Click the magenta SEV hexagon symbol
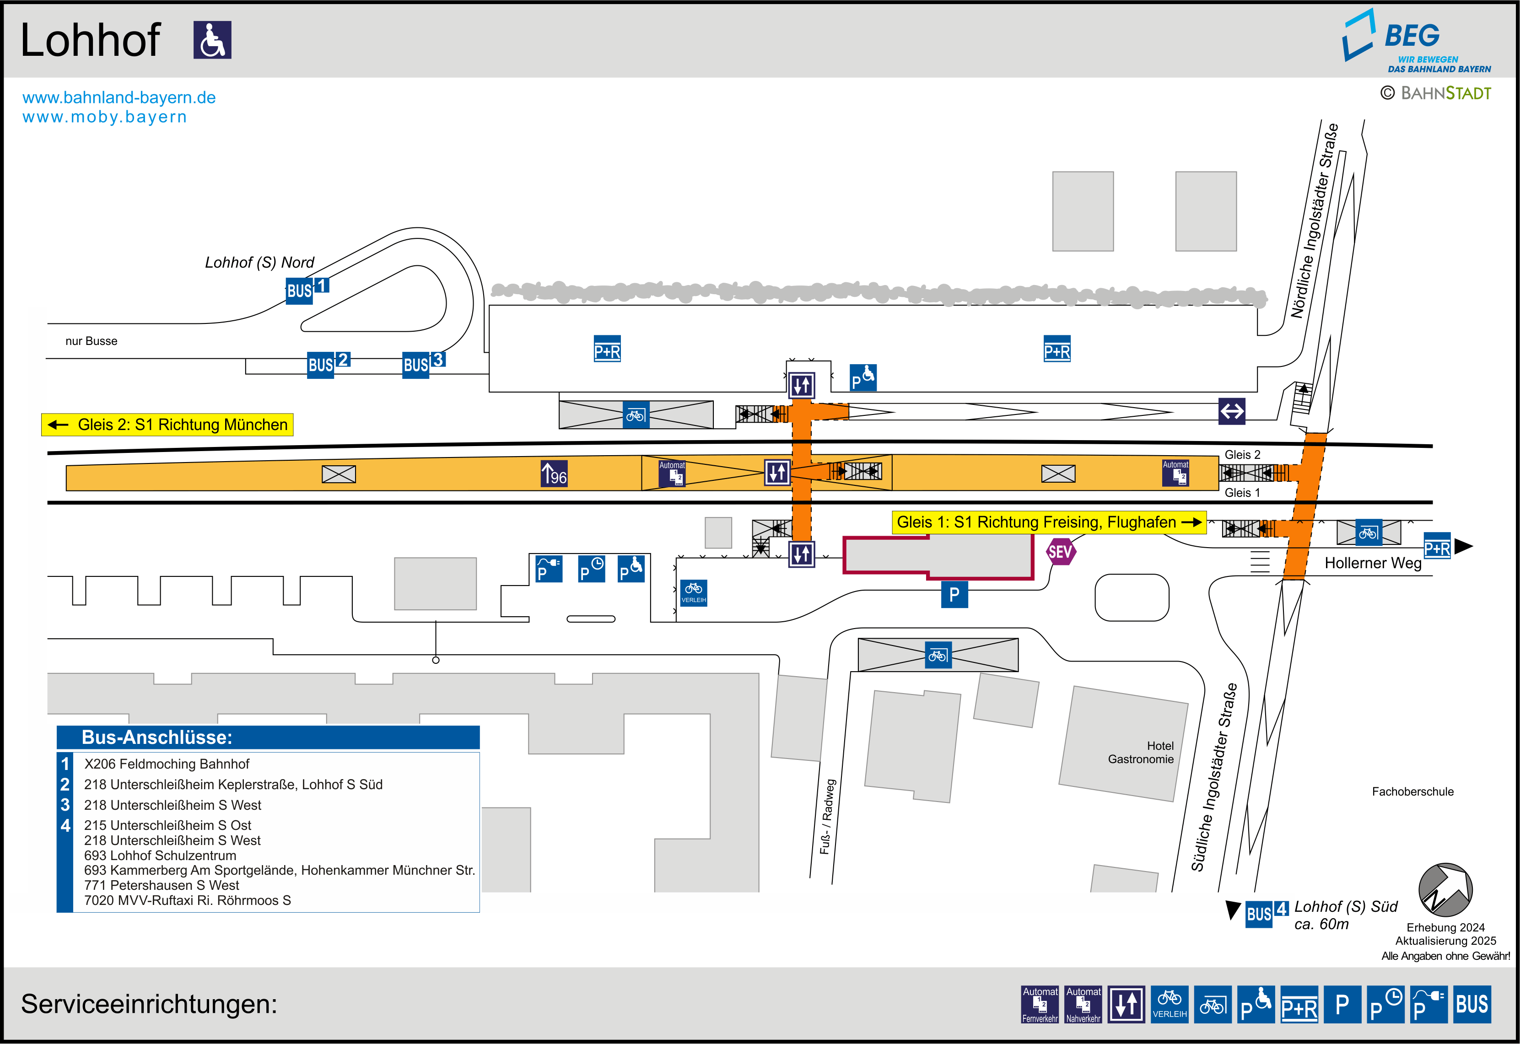(1060, 551)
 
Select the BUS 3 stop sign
(424, 364)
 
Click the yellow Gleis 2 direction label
(167, 425)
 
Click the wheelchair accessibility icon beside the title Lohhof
(213, 40)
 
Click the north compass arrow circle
(1445, 890)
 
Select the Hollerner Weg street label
(1373, 563)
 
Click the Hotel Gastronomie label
(1141, 752)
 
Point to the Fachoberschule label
(1413, 791)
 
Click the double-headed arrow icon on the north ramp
(1232, 411)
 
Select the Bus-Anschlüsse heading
(157, 737)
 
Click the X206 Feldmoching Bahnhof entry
(167, 764)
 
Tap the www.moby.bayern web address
(105, 117)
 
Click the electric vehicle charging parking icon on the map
(549, 569)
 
